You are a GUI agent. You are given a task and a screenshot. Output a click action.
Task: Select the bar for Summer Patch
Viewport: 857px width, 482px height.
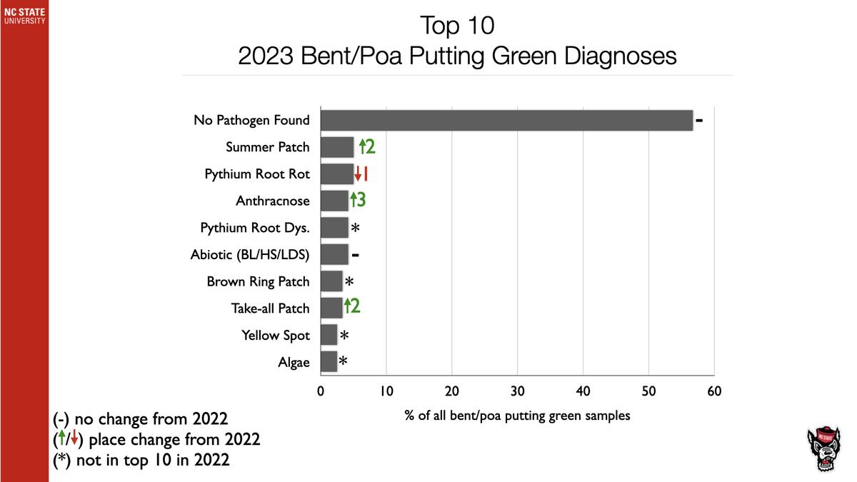337,147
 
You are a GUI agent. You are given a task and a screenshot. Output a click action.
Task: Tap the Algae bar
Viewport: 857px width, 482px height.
329,362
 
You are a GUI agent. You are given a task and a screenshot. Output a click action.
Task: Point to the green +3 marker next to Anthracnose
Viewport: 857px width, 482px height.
358,201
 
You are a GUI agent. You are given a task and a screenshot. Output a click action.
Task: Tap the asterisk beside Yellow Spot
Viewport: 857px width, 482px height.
344,336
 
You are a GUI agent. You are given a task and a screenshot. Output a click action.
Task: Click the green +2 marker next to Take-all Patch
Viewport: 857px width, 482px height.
351,307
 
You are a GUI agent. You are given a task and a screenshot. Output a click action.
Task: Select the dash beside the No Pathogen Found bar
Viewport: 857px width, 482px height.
700,121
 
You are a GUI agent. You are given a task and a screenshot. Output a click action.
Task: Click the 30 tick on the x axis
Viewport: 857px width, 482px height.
517,391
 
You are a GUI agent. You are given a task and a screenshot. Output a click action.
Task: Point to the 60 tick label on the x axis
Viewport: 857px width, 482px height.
714,391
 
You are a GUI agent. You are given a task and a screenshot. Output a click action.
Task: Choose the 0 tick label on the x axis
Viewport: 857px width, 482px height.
321,391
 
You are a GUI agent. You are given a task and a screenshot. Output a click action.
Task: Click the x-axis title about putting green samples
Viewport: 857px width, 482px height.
517,415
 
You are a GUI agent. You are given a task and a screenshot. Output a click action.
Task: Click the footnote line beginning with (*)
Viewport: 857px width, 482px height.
141,460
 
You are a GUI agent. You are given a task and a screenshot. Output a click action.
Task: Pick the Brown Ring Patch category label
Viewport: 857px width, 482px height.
258,281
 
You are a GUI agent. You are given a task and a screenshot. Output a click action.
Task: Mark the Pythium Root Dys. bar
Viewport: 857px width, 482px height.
334,228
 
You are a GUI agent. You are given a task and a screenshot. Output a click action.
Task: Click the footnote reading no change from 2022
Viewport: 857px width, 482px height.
141,418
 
